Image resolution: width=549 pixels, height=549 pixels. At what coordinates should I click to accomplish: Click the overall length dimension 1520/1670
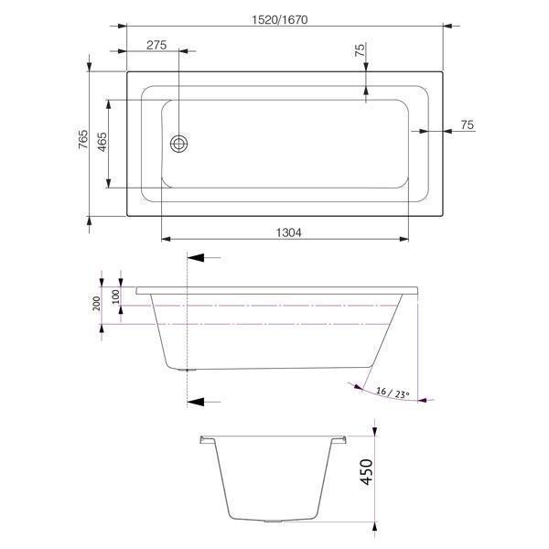283,15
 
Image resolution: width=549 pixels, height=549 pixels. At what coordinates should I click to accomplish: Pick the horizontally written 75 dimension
468,125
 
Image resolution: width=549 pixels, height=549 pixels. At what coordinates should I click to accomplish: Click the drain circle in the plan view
179,143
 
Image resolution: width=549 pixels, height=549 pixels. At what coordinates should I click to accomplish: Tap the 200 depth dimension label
97,304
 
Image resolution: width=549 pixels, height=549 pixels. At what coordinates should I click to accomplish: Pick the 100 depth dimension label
116,296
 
